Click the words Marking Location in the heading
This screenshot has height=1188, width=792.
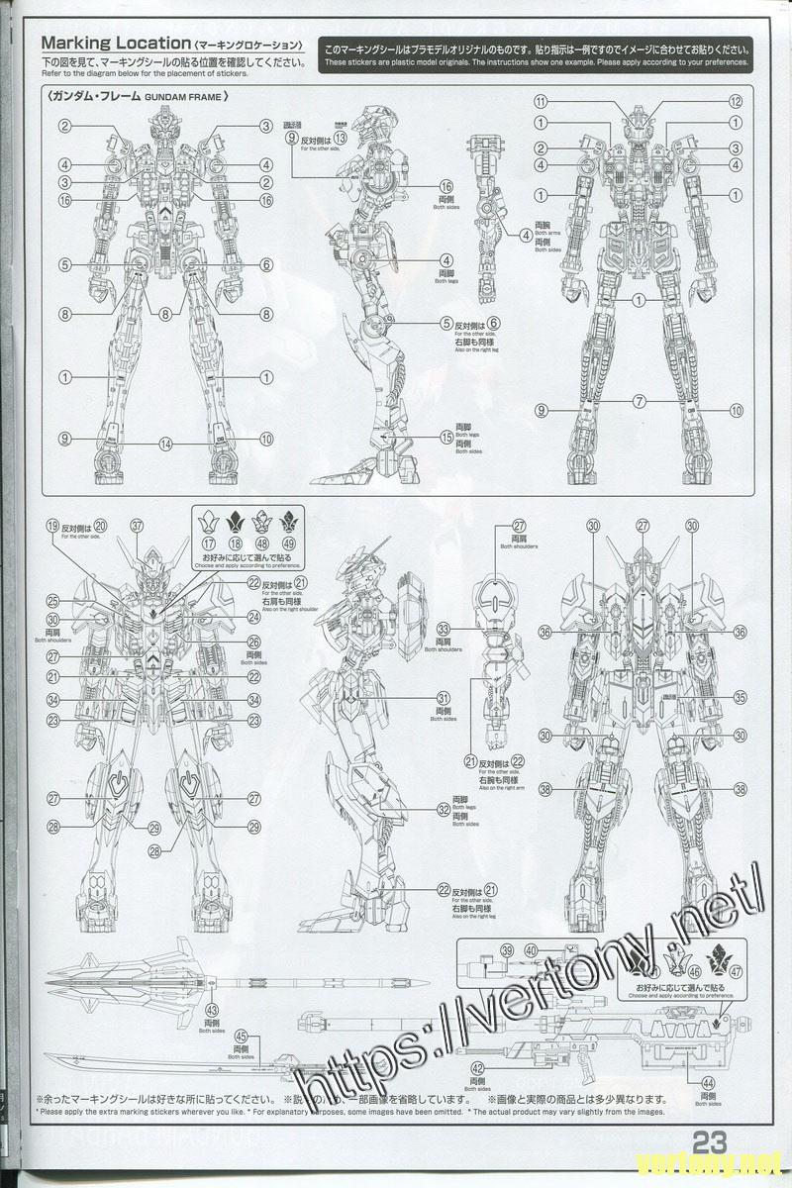115,44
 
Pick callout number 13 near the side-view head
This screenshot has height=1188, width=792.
340,138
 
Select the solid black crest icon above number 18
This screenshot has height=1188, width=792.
237,520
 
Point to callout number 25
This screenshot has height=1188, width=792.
52,600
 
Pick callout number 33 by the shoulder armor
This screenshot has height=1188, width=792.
445,629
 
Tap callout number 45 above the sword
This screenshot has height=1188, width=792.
241,1038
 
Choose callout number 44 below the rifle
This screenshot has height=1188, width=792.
707,1085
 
